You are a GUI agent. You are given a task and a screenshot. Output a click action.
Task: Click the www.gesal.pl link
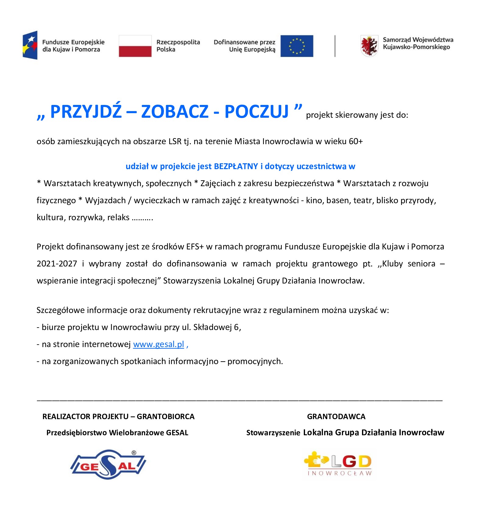(158, 344)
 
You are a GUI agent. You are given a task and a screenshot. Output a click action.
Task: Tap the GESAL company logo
(108, 464)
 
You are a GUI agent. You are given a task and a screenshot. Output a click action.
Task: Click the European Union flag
(296, 46)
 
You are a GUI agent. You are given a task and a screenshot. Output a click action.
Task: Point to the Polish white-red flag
(135, 46)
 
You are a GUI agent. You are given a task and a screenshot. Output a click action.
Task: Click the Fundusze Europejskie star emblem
(30, 45)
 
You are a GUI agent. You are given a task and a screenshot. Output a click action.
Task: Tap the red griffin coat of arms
(369, 46)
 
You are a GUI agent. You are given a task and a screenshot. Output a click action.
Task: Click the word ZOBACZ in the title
(175, 111)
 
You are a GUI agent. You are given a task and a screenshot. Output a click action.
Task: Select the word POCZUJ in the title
(256, 111)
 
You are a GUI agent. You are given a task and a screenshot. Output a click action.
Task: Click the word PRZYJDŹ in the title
(86, 111)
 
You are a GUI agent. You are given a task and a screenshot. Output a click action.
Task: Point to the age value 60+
(356, 141)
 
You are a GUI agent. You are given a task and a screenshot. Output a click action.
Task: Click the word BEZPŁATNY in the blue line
(236, 166)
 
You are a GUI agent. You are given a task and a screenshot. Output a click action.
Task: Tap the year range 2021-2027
(57, 264)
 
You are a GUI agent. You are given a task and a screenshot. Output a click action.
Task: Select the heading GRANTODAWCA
(336, 417)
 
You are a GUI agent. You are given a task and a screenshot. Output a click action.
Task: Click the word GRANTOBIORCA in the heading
(165, 417)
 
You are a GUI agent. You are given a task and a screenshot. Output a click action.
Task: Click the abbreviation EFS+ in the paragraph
(195, 247)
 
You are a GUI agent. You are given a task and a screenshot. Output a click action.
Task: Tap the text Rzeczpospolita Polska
(178, 46)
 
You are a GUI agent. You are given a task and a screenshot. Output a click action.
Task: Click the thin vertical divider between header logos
(335, 46)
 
